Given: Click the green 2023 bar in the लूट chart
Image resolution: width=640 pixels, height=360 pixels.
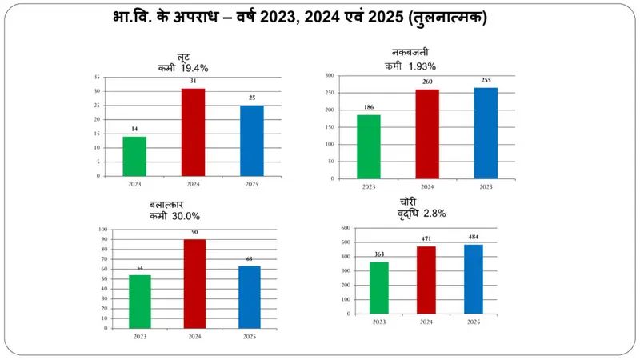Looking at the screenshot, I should tap(134, 156).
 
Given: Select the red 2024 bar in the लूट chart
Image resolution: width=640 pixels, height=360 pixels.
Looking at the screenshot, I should tap(193, 132).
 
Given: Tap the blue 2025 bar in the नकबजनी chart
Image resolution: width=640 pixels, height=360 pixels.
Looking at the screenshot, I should tap(486, 133).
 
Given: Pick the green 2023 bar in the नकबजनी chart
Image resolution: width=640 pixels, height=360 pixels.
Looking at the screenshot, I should tap(369, 146).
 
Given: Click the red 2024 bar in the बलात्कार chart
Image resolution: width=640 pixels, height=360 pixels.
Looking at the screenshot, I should tap(194, 283).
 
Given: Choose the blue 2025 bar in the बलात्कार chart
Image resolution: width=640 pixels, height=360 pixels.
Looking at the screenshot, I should tap(250, 297).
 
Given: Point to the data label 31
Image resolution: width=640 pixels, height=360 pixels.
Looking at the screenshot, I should tap(193, 82).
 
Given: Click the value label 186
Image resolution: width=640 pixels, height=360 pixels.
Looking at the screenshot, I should tap(369, 108).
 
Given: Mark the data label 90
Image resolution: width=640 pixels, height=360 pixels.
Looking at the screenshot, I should tap(194, 233).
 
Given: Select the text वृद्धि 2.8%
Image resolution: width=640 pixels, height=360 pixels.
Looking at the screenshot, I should tap(421, 214).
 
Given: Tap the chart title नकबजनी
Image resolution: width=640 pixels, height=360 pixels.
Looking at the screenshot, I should tap(414, 53).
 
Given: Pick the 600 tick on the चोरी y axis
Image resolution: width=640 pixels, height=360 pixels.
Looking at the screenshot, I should tap(346, 228).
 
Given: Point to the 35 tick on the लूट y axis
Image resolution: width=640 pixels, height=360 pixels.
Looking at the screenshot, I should tap(97, 78).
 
